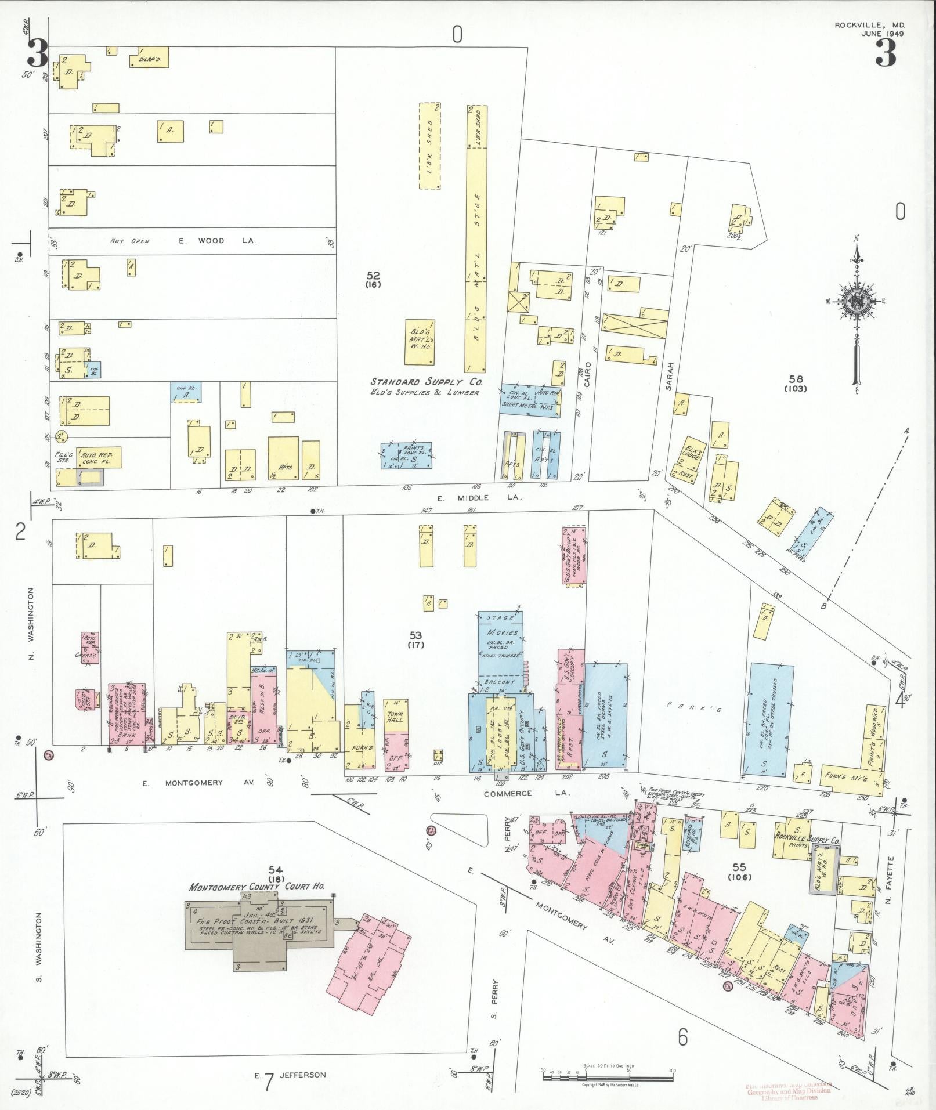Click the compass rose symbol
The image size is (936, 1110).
(856, 302)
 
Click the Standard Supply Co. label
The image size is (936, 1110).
(427, 382)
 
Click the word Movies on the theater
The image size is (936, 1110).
(500, 632)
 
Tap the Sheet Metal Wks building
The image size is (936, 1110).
(529, 400)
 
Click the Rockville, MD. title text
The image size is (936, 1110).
(869, 26)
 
